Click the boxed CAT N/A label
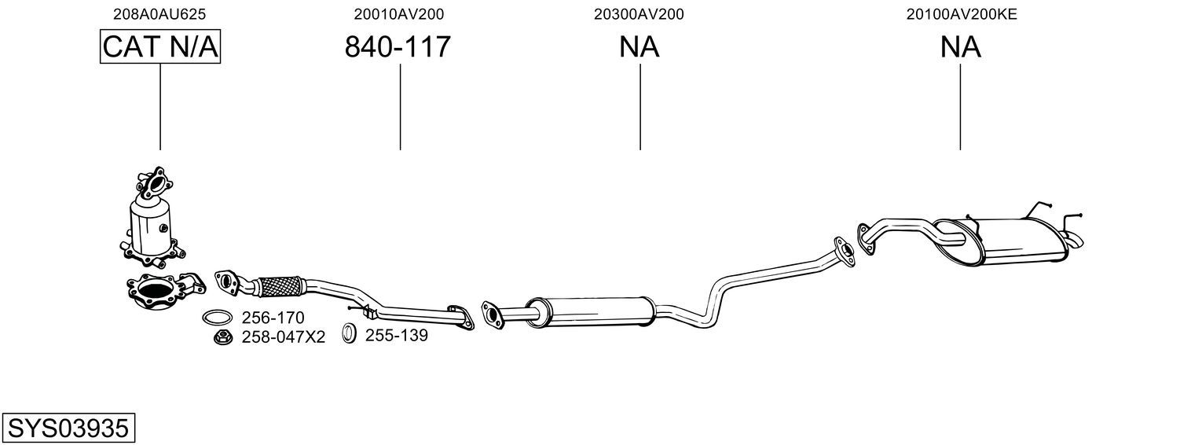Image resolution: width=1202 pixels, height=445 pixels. pyautogui.click(x=160, y=46)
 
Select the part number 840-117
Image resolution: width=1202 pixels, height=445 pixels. pyautogui.click(x=398, y=46)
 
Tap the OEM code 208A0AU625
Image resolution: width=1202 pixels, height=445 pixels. pyautogui.click(x=159, y=14)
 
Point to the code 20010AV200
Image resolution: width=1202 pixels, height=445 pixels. pyautogui.click(x=398, y=14)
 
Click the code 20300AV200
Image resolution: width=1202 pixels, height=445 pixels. pyautogui.click(x=639, y=14)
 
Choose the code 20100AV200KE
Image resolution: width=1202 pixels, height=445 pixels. pyautogui.click(x=962, y=14)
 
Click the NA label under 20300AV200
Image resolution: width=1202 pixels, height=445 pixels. pyautogui.click(x=639, y=46)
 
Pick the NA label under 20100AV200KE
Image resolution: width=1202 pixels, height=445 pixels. pyautogui.click(x=961, y=46)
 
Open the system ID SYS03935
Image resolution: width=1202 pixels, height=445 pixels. pyautogui.click(x=68, y=428)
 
